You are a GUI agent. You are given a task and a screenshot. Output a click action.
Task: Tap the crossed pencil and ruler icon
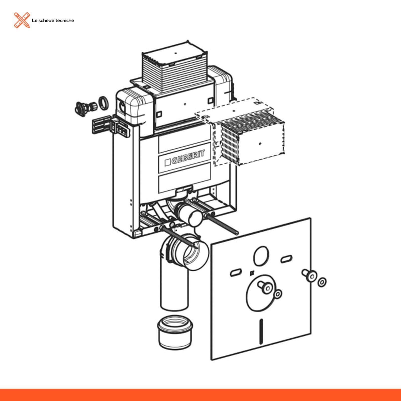(x=22, y=20)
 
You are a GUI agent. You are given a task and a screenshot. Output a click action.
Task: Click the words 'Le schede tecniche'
(x=53, y=21)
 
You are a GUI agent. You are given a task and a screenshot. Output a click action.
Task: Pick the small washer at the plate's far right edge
(x=322, y=282)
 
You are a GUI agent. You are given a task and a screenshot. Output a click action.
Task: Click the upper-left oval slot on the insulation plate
(x=236, y=272)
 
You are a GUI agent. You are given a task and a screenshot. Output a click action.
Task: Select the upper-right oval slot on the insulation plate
(x=286, y=259)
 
